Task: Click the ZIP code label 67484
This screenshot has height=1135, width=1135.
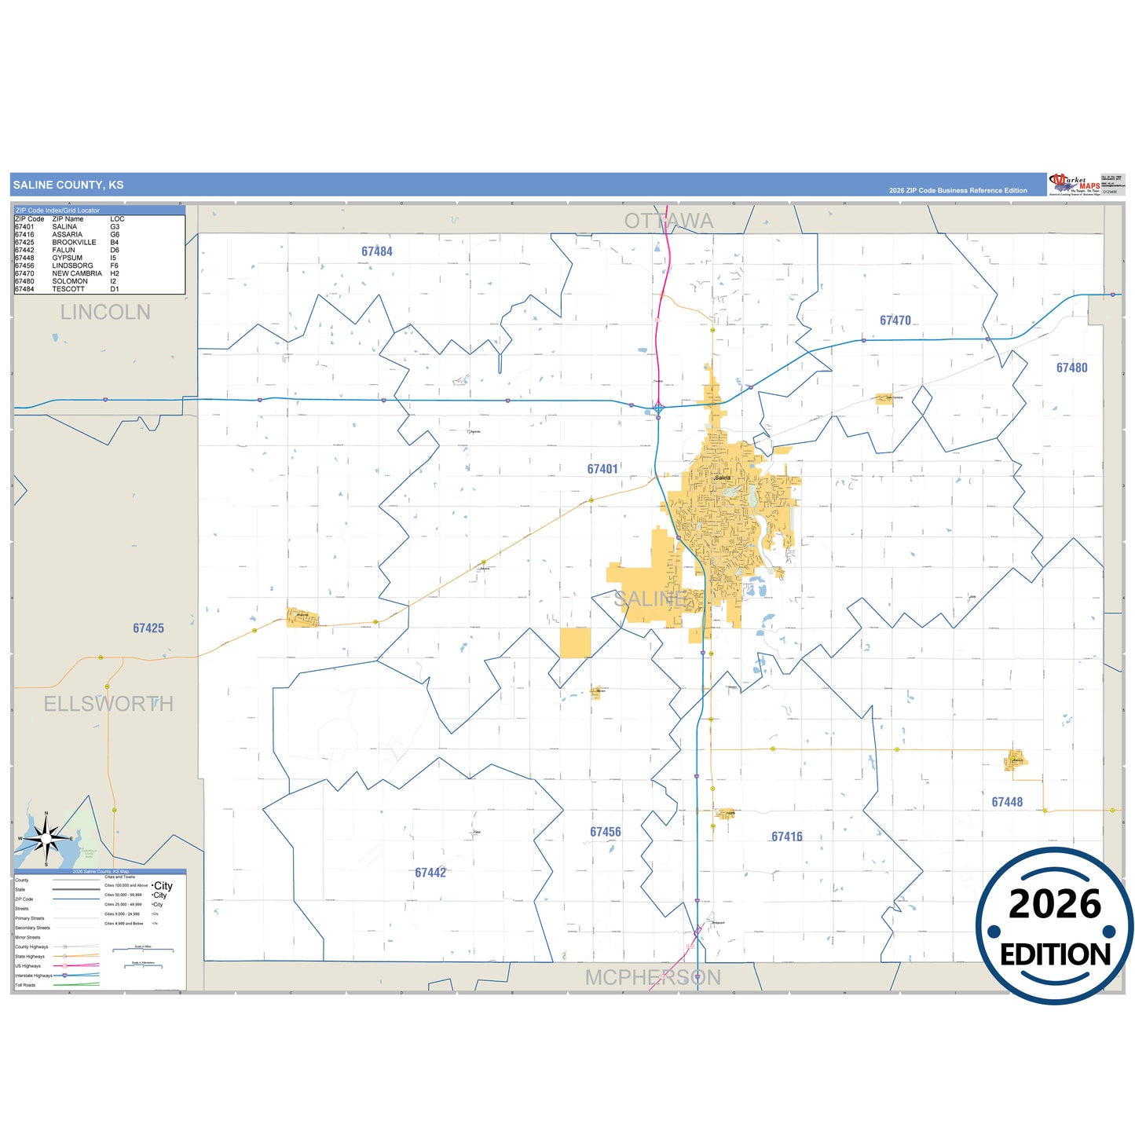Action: click(377, 251)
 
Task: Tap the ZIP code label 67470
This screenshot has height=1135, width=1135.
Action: click(895, 320)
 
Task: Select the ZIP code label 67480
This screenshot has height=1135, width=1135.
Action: click(1071, 368)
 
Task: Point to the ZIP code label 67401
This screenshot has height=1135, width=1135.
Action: click(602, 469)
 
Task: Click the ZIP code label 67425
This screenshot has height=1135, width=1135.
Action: click(148, 628)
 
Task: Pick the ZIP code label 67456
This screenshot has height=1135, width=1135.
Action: click(606, 832)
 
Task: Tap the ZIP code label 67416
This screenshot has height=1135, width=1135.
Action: click(787, 837)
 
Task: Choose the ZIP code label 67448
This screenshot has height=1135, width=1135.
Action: click(1007, 802)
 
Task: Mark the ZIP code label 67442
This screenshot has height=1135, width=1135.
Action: click(430, 873)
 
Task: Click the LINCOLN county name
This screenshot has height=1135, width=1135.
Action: click(105, 313)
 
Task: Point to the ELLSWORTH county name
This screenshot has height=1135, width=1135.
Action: click(108, 704)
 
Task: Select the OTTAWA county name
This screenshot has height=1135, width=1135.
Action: click(669, 221)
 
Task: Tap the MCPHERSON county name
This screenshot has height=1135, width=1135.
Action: click(654, 977)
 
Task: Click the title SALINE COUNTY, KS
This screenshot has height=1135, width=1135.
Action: click(68, 185)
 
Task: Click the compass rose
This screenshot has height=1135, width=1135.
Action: click(46, 839)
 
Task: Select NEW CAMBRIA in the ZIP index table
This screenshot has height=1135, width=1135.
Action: click(77, 273)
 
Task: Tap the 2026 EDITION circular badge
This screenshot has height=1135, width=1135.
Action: click(1054, 927)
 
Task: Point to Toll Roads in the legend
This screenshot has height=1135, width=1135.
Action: click(25, 985)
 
